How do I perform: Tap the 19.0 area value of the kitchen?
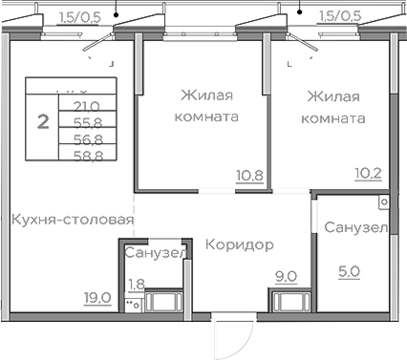98,297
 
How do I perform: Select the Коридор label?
239,245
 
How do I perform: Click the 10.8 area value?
249,175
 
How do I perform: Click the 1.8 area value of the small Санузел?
137,283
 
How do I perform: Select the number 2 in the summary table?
42,121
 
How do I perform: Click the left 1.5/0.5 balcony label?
81,15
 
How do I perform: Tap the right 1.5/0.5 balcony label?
339,15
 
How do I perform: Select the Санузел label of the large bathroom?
354,228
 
